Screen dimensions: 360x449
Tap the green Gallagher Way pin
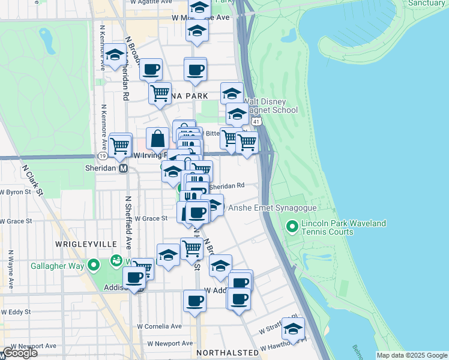(94, 265)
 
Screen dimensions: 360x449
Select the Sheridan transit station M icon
(124, 169)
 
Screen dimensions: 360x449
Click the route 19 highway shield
(103, 155)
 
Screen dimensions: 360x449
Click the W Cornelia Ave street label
(159, 326)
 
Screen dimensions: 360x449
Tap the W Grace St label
(151, 219)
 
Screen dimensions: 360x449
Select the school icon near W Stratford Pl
(293, 328)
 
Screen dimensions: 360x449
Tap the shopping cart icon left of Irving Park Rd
(121, 144)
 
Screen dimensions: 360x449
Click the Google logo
(19, 353)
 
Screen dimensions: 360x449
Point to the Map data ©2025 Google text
(411, 355)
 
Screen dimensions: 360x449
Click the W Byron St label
(15, 193)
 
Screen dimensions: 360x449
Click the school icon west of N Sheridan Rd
(114, 55)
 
